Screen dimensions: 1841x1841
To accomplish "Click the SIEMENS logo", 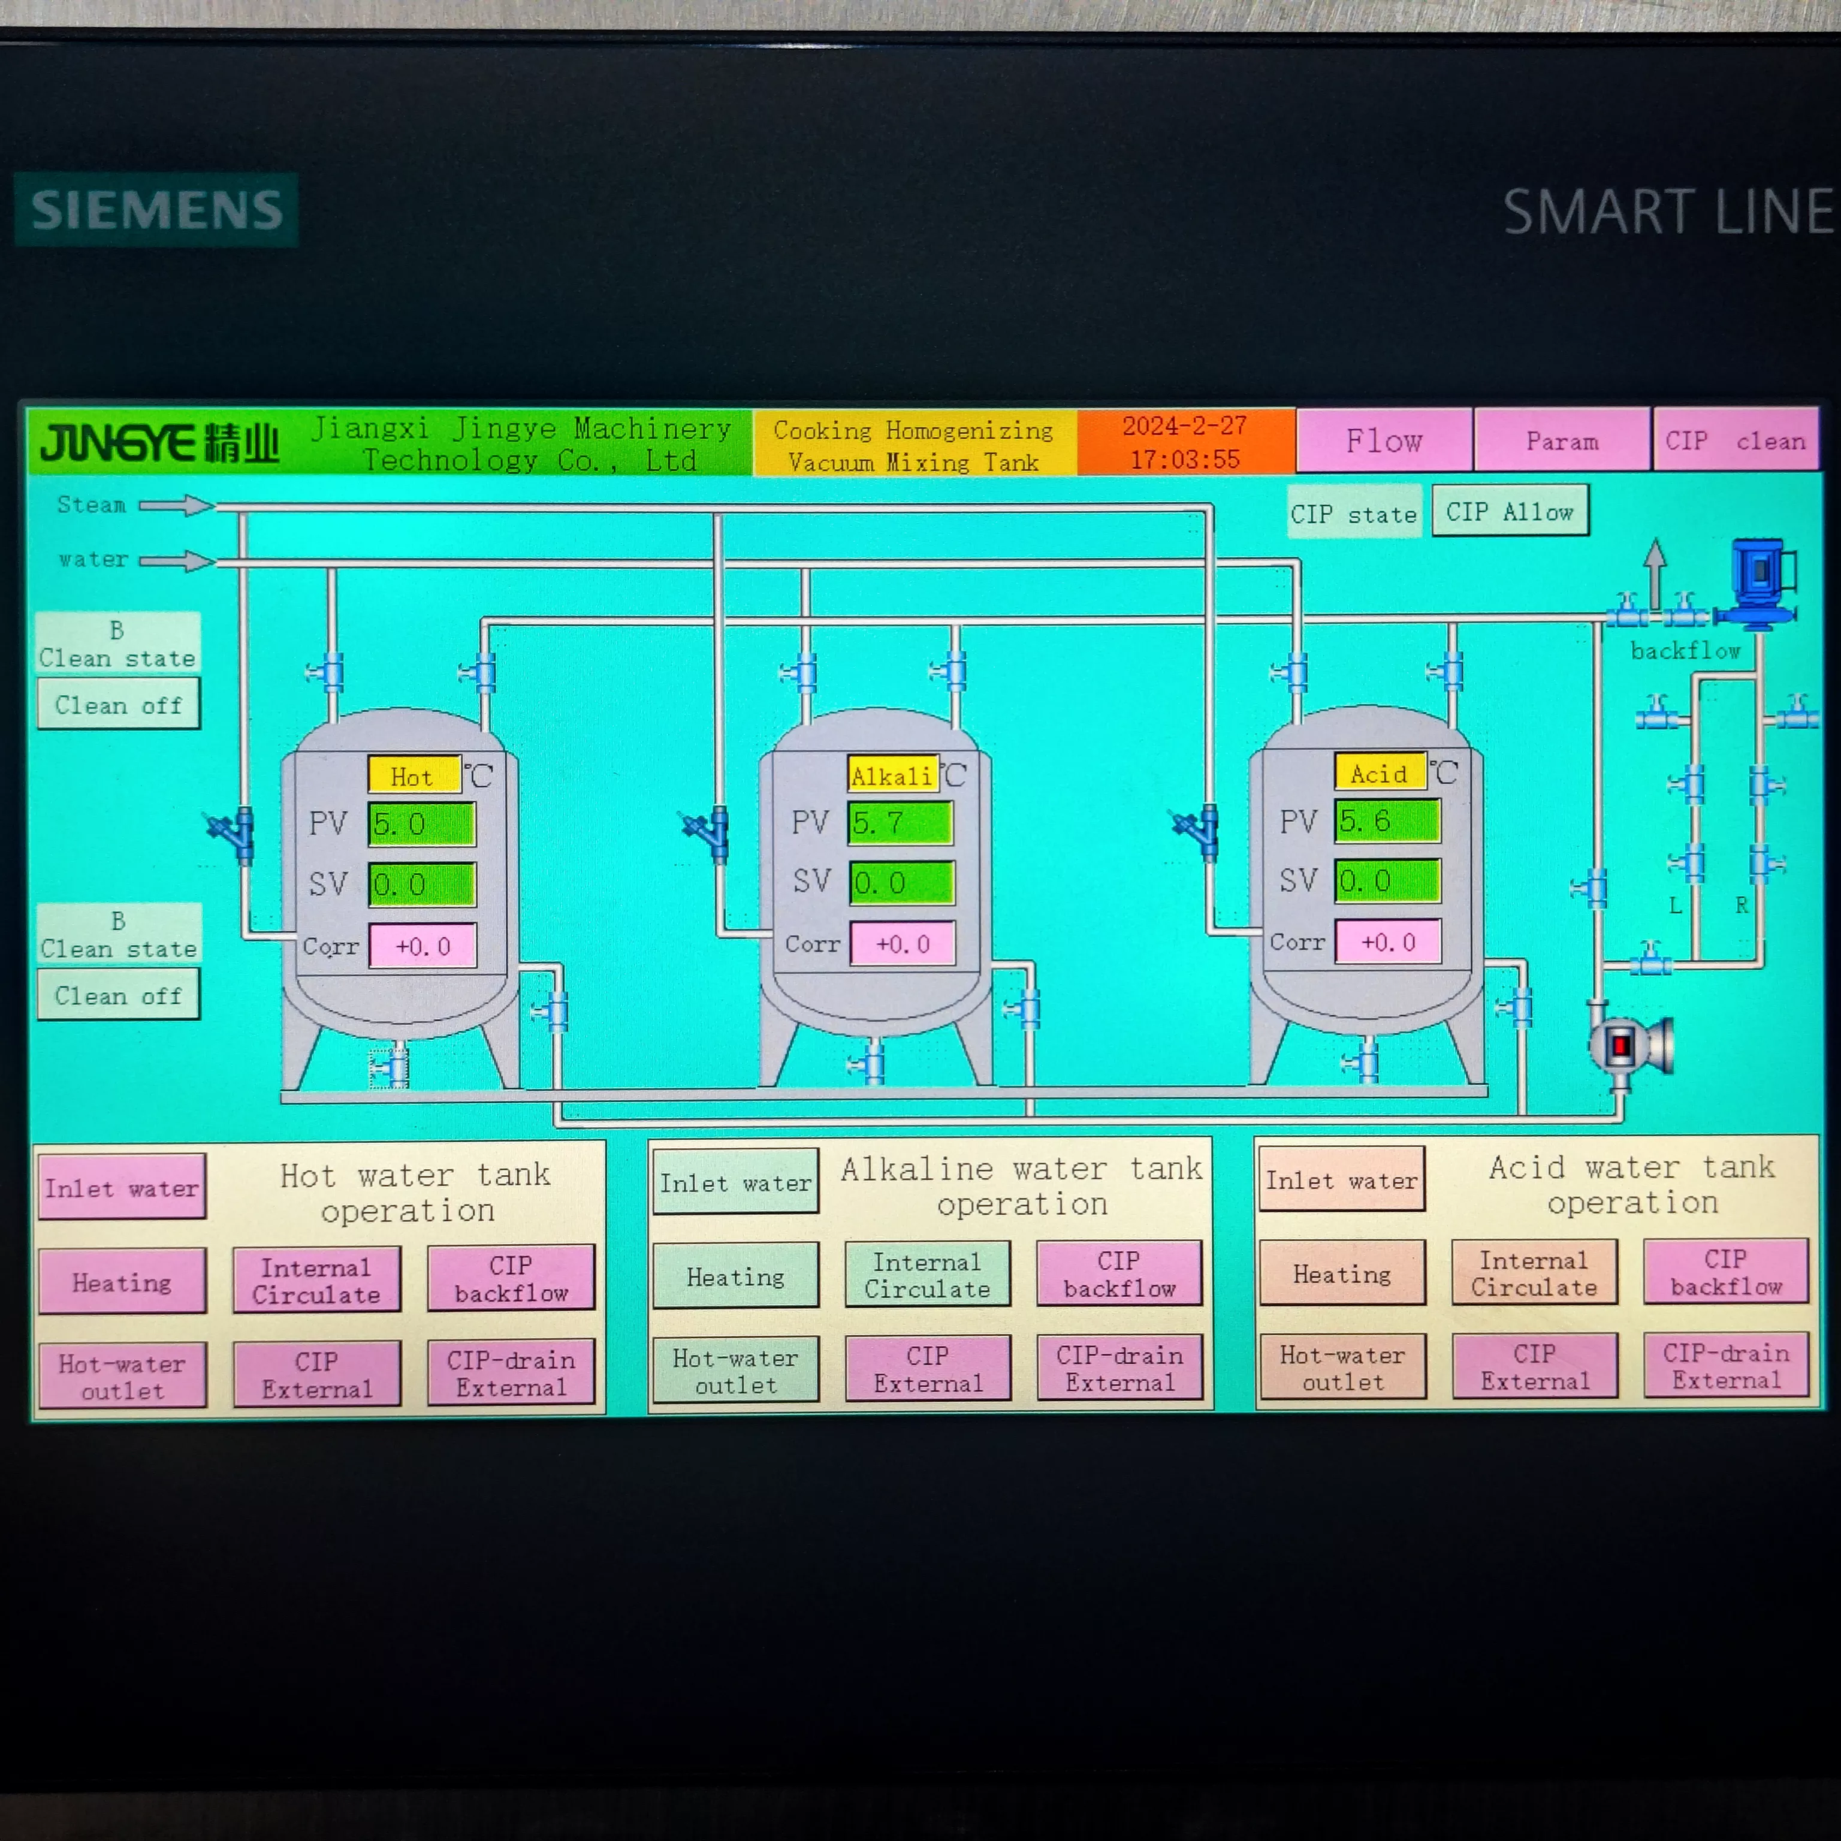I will coord(156,210).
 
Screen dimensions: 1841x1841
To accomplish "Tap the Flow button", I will coord(1384,440).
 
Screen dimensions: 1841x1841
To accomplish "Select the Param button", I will coord(1562,440).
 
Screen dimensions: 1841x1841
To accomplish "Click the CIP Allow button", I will coord(1510,512).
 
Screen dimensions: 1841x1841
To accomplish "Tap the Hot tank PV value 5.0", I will coord(421,824).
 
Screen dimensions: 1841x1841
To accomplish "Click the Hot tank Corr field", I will coord(422,946).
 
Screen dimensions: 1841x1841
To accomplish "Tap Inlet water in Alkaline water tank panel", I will coord(735,1182).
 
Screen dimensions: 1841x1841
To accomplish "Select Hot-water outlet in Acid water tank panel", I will coord(1342,1368).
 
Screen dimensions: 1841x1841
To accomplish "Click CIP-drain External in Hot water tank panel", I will coord(511,1373).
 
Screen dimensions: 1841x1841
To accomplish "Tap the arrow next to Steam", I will coord(177,505).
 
